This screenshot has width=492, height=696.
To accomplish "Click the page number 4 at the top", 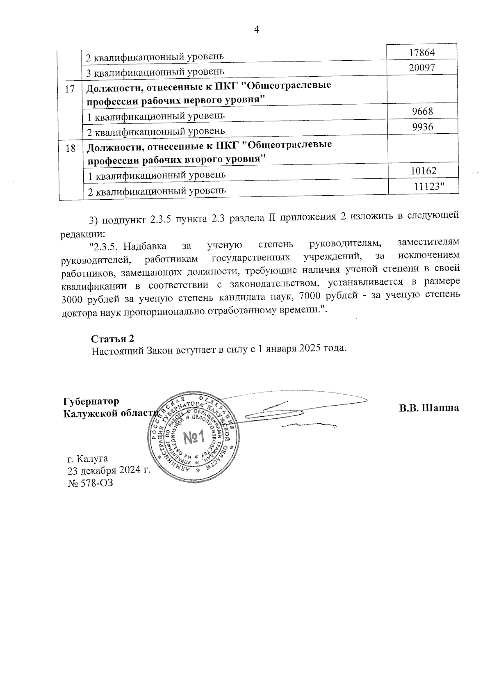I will coord(257,29).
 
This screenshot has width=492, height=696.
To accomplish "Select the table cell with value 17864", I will coord(422,52).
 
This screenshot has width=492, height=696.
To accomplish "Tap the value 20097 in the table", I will coord(422,68).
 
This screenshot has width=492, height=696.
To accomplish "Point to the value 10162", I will coord(423,171).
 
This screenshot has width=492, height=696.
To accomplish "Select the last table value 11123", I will coord(428,187).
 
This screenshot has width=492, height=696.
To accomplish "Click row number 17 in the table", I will coord(71,89).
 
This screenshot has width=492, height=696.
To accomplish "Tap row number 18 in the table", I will coord(71,148).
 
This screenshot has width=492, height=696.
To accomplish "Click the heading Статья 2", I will coord(112,339).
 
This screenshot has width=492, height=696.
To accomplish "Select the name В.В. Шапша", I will coord(429,408).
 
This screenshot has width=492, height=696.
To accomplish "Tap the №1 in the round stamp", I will coord(194,439).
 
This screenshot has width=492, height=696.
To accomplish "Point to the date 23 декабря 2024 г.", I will coord(108,470).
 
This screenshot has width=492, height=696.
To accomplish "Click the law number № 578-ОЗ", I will coord(90,483).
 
